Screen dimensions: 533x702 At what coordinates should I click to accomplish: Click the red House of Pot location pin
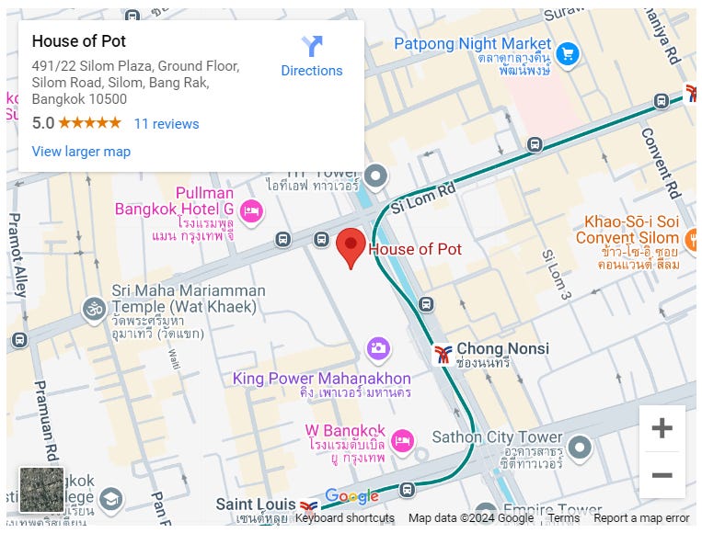[351, 247]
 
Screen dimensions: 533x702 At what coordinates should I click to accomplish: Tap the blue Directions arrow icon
[312, 46]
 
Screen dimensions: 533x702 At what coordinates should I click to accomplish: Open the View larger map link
[81, 152]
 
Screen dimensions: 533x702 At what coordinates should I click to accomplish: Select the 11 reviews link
[167, 124]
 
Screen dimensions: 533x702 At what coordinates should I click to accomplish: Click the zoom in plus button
[662, 428]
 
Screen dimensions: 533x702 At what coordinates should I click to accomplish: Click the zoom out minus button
[662, 475]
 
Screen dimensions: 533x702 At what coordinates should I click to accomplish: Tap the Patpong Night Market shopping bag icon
[567, 53]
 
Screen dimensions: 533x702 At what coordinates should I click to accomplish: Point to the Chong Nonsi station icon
[443, 353]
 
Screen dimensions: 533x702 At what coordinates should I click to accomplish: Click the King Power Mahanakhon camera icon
[377, 348]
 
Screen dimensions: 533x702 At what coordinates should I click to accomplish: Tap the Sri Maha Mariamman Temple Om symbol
[94, 308]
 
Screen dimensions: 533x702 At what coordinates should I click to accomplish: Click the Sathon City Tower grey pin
[579, 448]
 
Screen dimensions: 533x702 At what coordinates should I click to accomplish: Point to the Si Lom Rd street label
[423, 196]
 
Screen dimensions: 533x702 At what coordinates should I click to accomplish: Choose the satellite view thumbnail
[41, 490]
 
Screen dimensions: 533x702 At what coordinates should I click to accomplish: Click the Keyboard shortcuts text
[344, 518]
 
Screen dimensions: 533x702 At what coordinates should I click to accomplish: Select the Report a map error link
[641, 518]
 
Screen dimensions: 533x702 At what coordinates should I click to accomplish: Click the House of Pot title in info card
[79, 41]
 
